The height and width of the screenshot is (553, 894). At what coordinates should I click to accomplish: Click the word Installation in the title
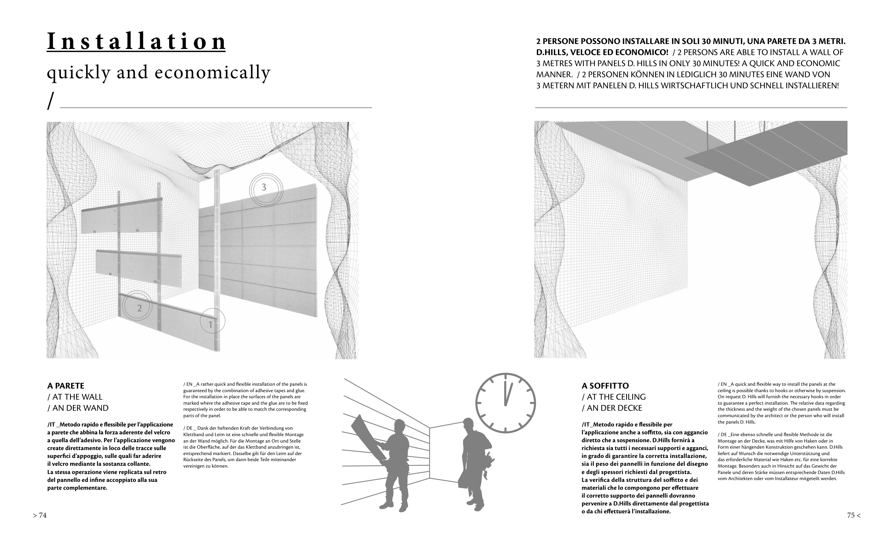pyautogui.click(x=136, y=42)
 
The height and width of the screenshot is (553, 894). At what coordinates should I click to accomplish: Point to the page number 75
pyautogui.click(x=853, y=515)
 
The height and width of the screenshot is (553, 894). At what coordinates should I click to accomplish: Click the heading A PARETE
pyautogui.click(x=66, y=386)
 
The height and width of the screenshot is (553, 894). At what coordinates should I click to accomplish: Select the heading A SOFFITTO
pyautogui.click(x=605, y=386)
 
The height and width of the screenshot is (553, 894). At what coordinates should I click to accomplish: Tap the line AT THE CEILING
pyautogui.click(x=614, y=397)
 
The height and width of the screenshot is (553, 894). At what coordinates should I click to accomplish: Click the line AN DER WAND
pyautogui.click(x=78, y=408)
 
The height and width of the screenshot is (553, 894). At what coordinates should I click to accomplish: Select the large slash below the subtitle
pyautogui.click(x=51, y=100)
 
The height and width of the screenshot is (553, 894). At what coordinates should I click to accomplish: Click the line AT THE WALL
pyautogui.click(x=75, y=397)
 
